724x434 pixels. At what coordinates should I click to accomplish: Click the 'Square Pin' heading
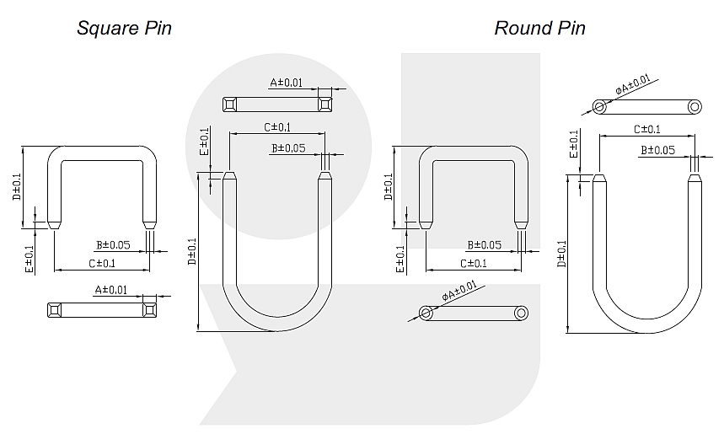point(124,28)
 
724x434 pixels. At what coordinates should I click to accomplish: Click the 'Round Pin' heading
point(539,28)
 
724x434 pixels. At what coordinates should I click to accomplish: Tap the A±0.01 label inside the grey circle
point(286,83)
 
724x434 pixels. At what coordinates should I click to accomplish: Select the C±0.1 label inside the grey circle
point(277,127)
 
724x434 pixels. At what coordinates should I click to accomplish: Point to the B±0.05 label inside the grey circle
point(288,148)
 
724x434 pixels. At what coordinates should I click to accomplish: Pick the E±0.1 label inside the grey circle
point(204,142)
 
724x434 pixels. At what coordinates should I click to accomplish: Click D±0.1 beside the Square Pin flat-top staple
point(16,187)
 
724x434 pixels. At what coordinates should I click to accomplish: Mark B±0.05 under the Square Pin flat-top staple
point(112,244)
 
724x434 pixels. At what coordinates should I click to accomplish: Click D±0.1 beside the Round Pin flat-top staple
point(388,187)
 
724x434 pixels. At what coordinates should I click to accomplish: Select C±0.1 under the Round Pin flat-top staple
point(473,263)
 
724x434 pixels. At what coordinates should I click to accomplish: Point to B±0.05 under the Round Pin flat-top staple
point(485,244)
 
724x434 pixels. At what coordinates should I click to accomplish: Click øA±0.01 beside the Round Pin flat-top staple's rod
point(459,292)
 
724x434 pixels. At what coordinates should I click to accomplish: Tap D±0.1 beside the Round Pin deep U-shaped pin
point(561,254)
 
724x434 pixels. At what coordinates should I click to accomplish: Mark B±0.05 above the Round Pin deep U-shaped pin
point(658,150)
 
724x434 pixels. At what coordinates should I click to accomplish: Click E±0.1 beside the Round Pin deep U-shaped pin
point(574,143)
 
